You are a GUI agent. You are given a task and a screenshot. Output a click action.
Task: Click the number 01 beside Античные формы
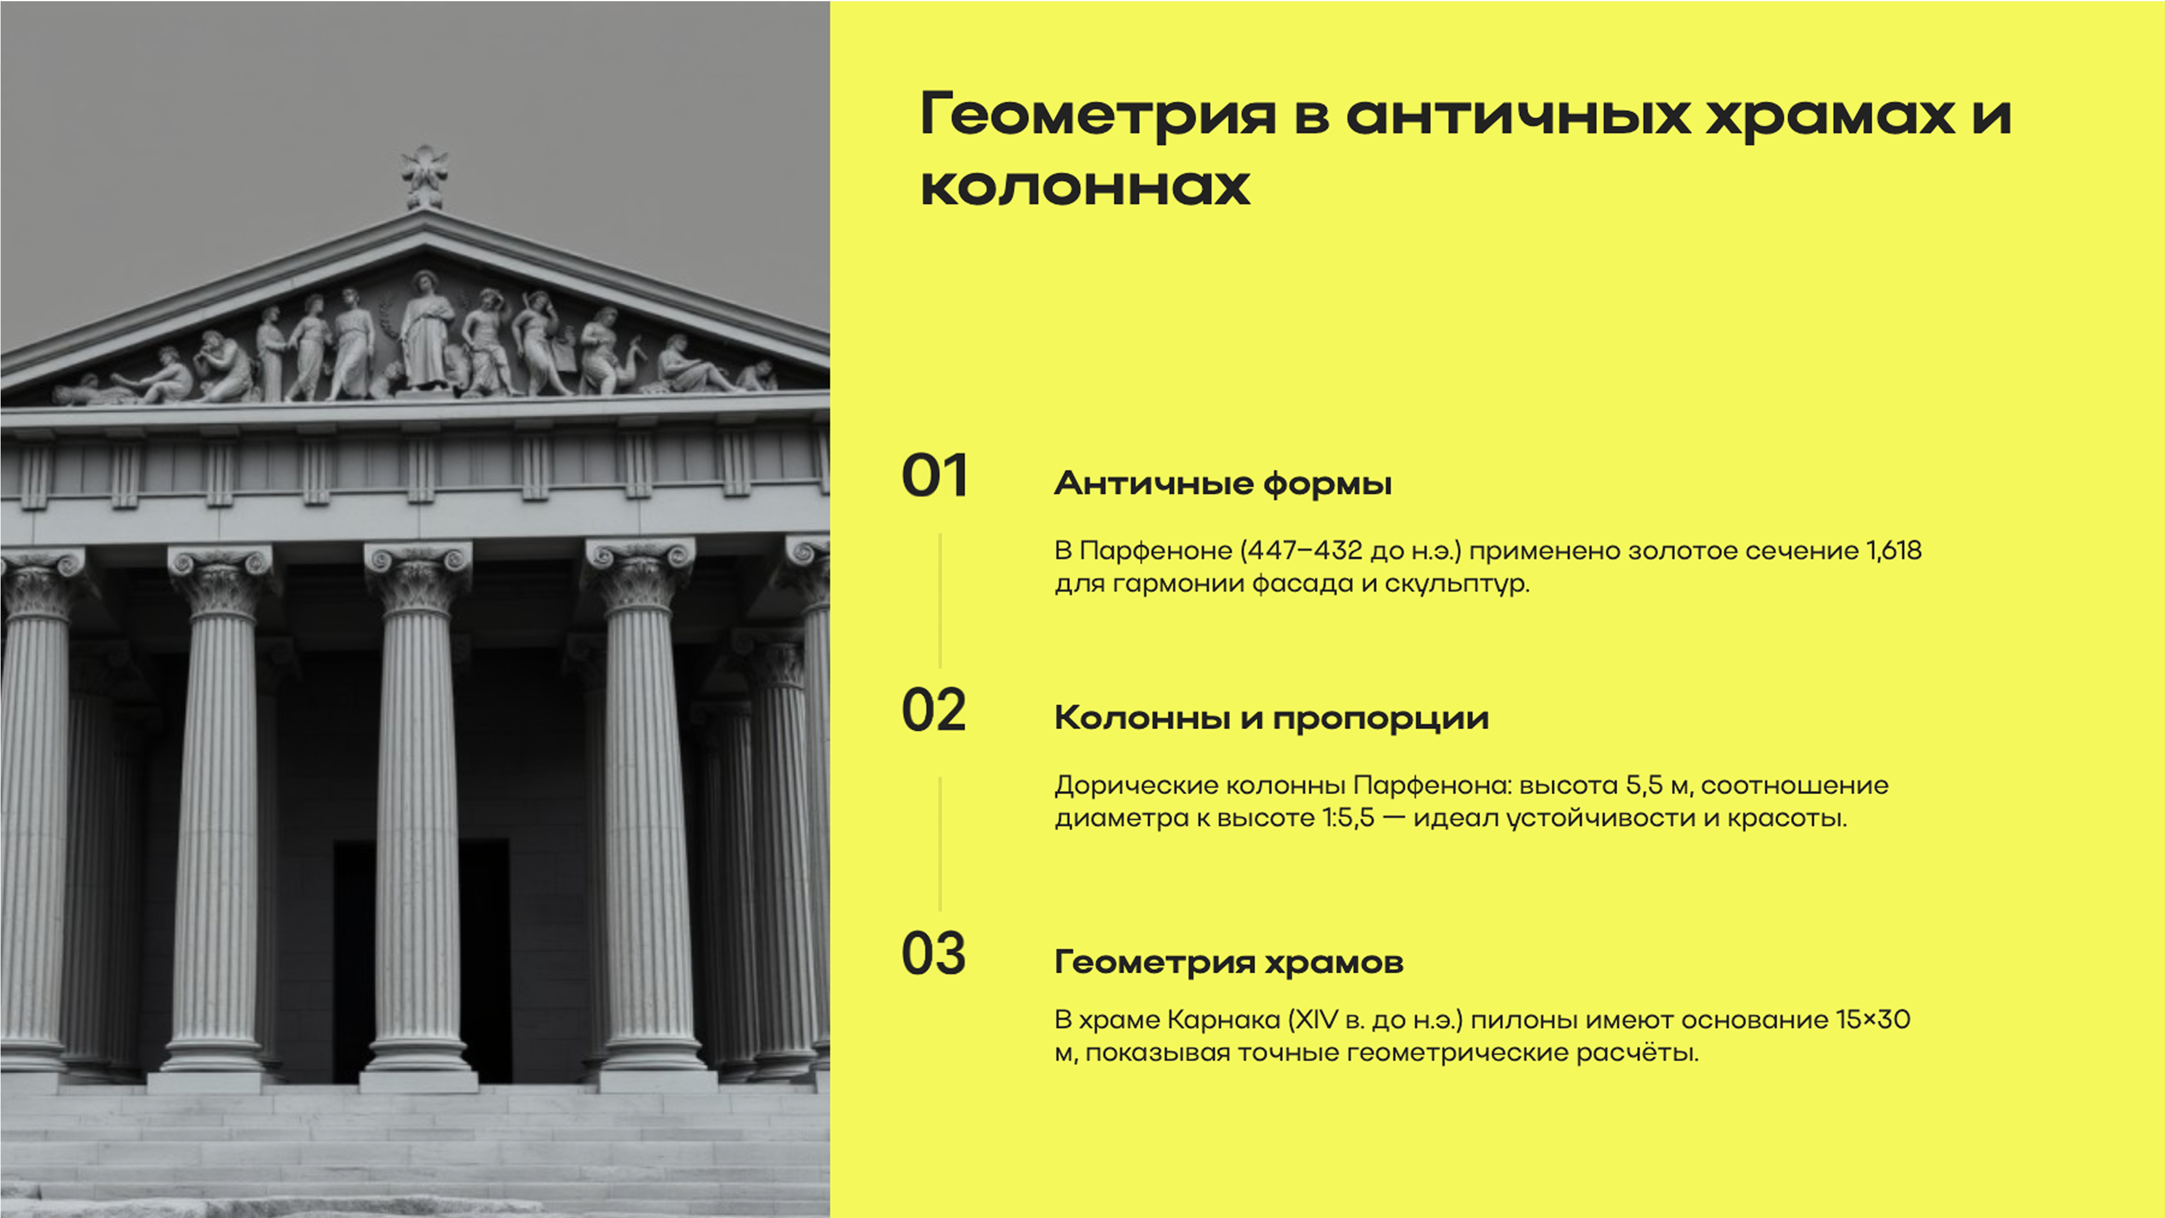tap(934, 476)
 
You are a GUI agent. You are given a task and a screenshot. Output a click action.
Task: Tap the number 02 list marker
tap(934, 710)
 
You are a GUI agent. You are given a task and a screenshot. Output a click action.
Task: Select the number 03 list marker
tap(934, 954)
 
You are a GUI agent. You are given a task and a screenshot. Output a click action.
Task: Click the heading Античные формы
tap(1223, 483)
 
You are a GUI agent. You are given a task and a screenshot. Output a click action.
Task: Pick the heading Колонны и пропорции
tap(1271, 718)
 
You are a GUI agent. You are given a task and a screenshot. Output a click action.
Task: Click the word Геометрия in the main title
tap(1098, 115)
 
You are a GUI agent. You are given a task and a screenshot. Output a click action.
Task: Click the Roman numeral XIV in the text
tap(1313, 1020)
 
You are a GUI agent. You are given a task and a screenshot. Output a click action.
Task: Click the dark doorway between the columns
tap(353, 958)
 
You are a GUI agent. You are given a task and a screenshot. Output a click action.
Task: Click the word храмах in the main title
tap(1830, 115)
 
